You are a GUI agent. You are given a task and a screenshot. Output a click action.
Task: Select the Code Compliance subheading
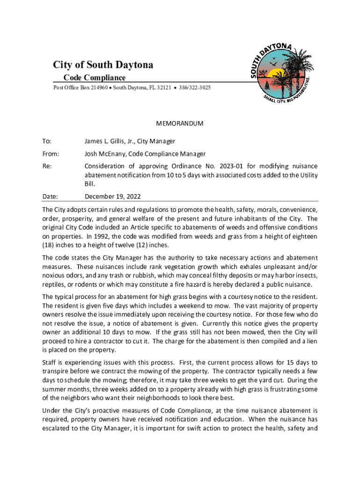(x=94, y=78)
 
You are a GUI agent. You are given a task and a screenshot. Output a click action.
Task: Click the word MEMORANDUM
(x=180, y=123)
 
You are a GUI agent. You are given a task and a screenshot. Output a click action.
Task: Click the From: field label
(x=50, y=153)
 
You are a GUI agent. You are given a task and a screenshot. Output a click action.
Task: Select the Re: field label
(x=47, y=166)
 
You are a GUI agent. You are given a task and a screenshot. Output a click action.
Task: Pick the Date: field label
(x=50, y=197)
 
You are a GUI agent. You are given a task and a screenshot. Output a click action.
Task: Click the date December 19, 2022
(x=112, y=197)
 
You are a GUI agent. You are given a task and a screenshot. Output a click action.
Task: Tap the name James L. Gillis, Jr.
(x=107, y=141)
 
